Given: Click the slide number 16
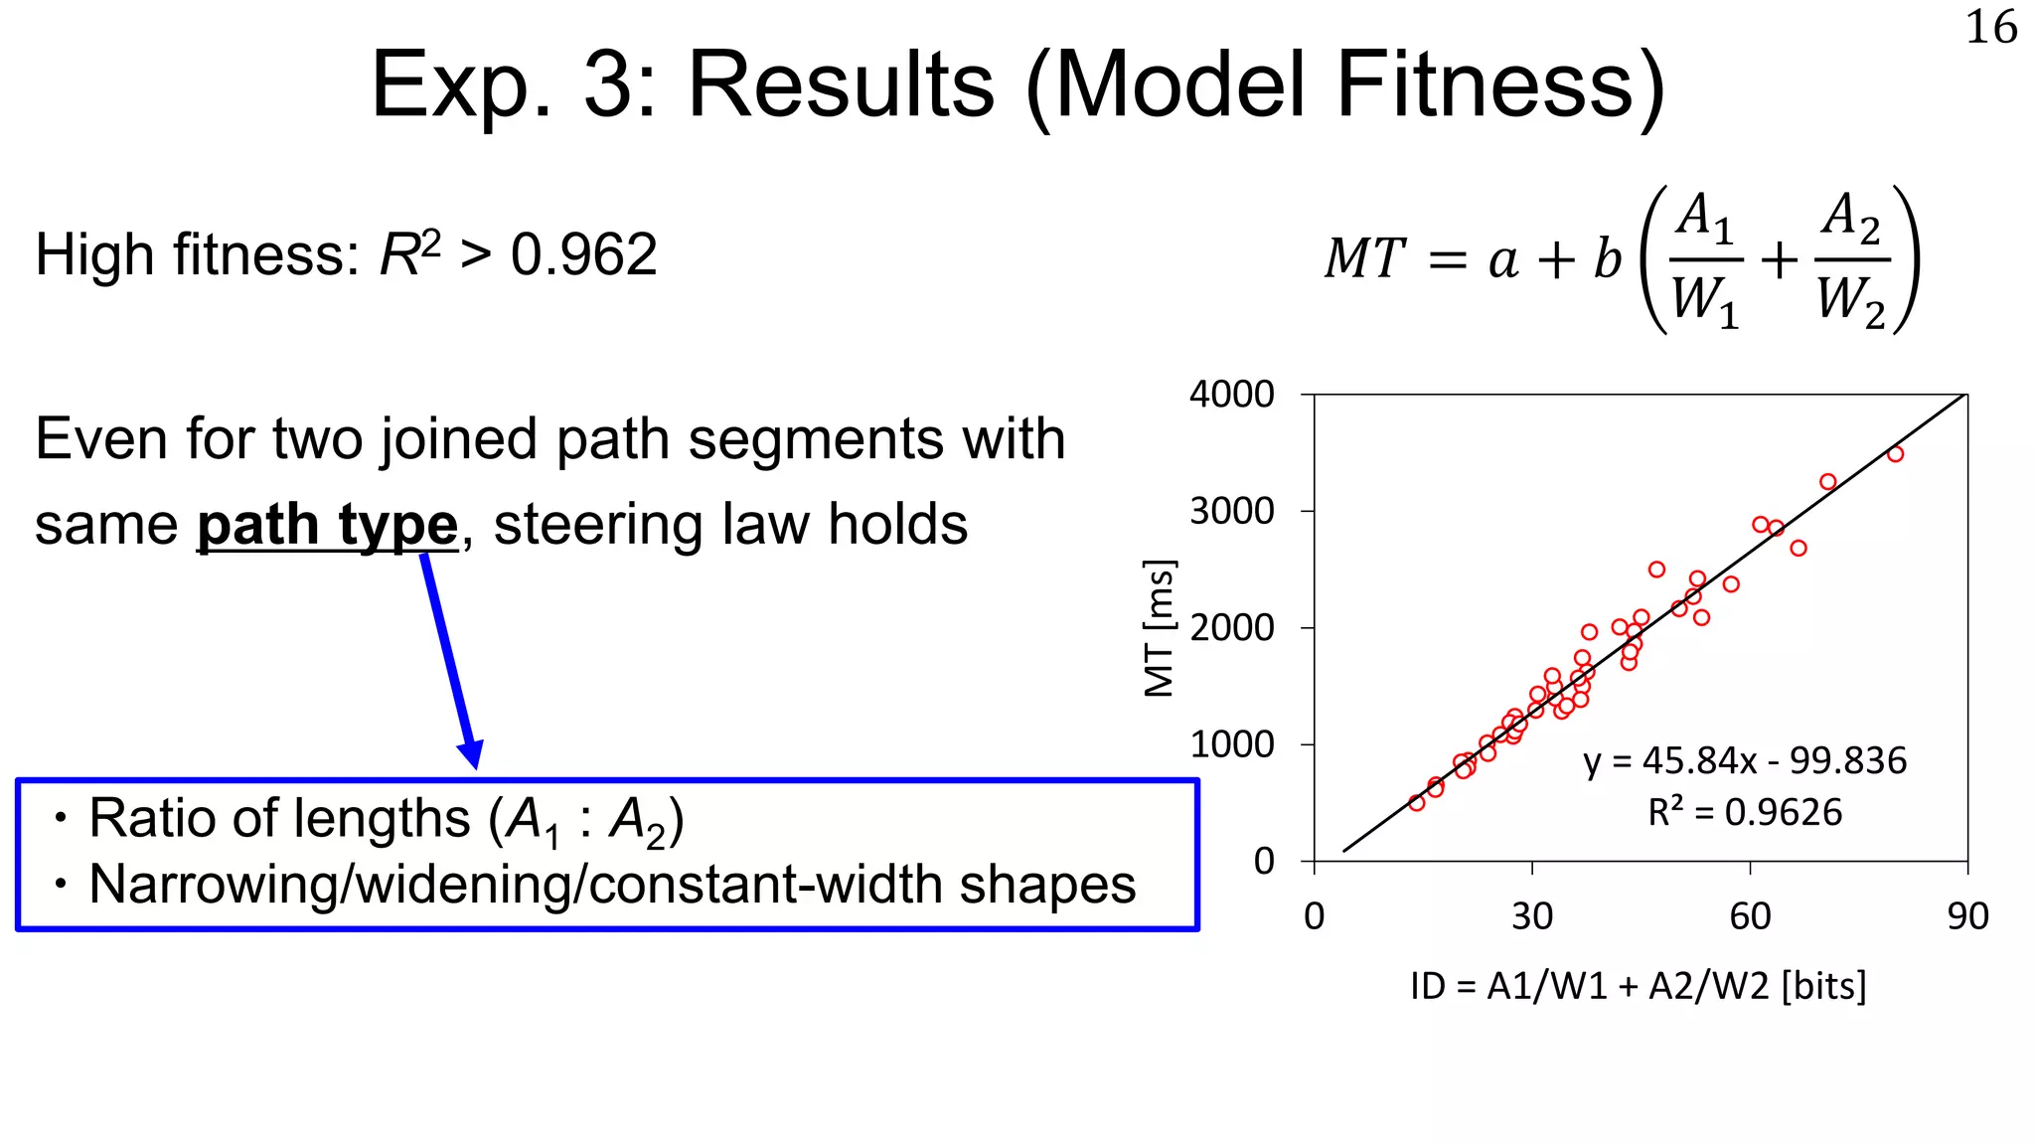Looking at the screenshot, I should tap(1990, 28).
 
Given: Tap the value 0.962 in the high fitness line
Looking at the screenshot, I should tap(583, 255).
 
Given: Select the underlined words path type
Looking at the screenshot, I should tap(327, 525).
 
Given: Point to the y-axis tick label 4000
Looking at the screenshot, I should tap(1231, 395).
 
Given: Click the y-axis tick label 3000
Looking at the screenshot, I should tap(1231, 512).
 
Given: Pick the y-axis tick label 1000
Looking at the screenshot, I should tap(1231, 744).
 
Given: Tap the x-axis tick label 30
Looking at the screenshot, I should tap(1531, 916).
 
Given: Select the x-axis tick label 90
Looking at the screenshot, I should tap(1967, 916).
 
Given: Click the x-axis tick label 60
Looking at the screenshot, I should tap(1750, 916).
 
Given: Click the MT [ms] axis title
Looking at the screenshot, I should tap(1160, 628).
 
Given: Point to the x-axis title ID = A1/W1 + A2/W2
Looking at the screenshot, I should tap(1638, 986).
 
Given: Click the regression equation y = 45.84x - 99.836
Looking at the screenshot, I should tap(1744, 761).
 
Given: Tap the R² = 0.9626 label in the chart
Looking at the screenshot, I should tap(1744, 813).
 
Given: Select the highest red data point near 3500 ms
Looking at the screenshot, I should tap(1895, 454).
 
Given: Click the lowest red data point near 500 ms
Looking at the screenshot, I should tap(1417, 803).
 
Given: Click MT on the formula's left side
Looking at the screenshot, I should tap(1364, 258).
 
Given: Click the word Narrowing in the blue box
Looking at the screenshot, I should tap(212, 885).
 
